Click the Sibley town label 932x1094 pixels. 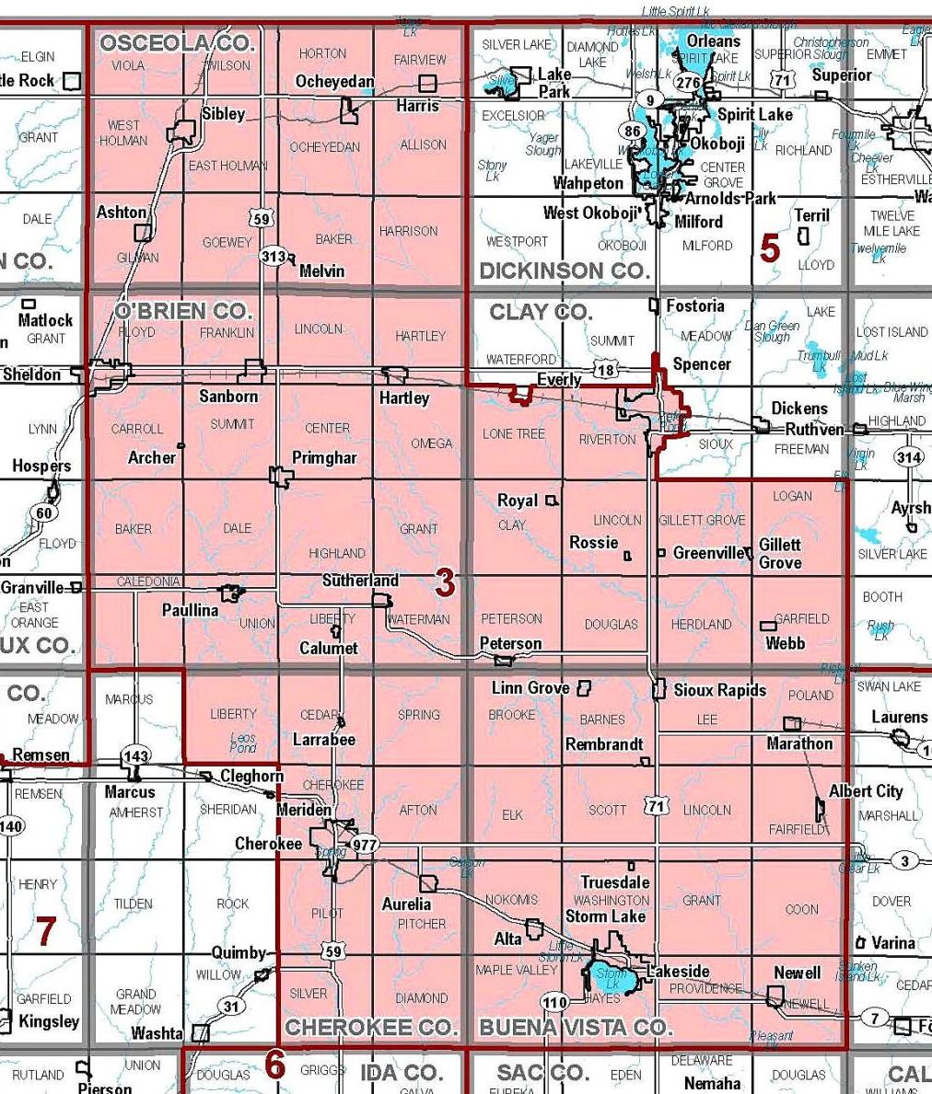point(223,113)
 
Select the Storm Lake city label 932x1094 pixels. point(605,916)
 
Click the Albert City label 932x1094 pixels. point(866,791)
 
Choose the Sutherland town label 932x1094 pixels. point(360,581)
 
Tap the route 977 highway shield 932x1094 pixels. point(365,846)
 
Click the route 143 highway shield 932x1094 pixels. point(134,756)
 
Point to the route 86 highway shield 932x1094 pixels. point(632,131)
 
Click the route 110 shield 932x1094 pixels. point(553,1002)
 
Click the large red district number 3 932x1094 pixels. point(445,582)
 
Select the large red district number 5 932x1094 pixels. point(769,248)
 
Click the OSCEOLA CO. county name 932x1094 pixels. point(177,43)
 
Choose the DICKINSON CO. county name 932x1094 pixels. point(565,271)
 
